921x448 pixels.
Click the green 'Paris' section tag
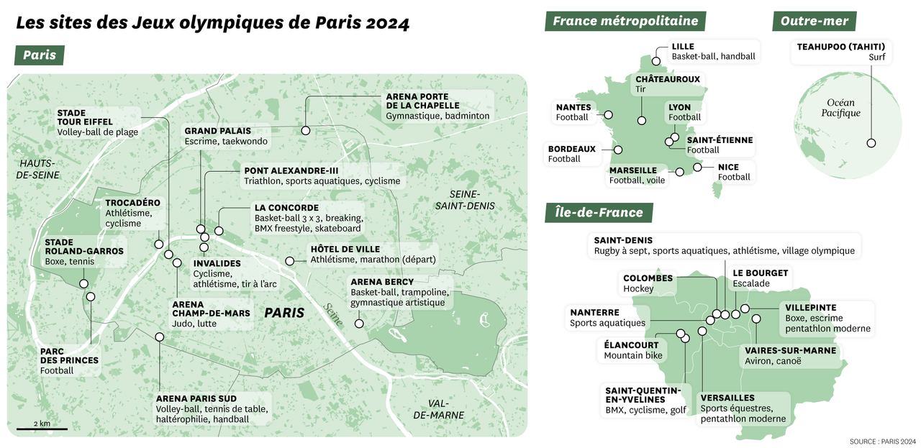(40, 55)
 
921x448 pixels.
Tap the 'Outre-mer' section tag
(815, 22)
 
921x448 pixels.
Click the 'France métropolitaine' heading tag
(625, 22)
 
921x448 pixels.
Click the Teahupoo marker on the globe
(871, 143)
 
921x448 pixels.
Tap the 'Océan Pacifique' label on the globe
(840, 108)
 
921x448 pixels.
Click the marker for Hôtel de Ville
(290, 260)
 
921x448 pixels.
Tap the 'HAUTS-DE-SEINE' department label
(40, 169)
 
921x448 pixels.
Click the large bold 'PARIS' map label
(284, 313)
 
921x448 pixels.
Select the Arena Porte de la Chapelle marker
(306, 130)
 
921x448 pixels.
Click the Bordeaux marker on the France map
(617, 150)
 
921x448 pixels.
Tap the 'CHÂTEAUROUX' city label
(667, 79)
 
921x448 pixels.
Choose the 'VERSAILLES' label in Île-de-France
(727, 398)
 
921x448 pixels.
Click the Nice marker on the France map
(697, 168)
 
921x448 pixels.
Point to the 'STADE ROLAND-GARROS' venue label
(84, 247)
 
